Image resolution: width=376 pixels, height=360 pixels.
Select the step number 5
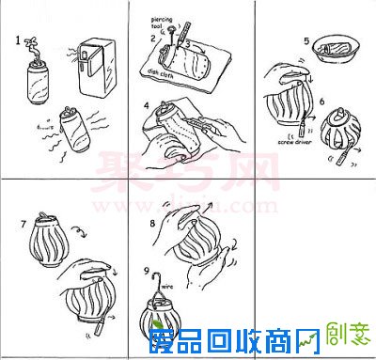306,42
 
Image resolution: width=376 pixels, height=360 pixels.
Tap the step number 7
23,226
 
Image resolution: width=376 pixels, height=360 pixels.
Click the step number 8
152,224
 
